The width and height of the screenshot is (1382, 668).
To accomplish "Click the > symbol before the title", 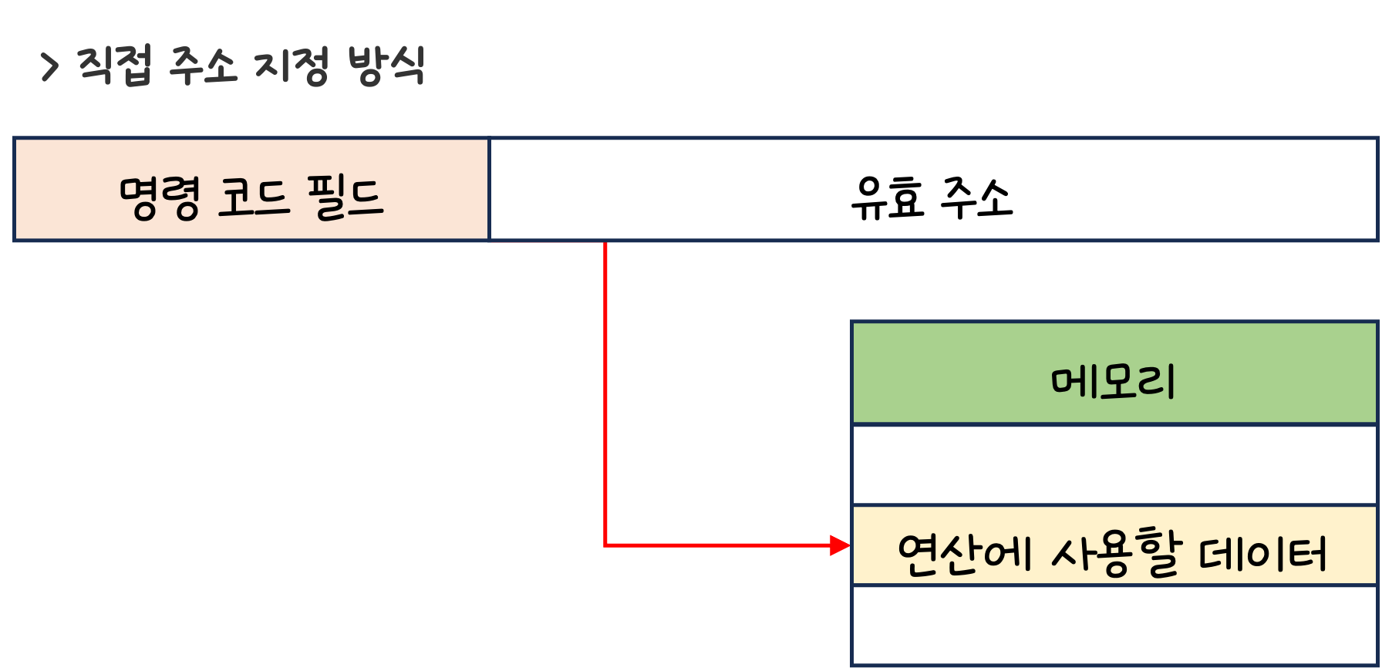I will (50, 67).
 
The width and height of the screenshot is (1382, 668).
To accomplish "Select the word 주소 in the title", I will (202, 66).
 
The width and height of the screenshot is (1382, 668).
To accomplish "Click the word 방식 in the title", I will (386, 66).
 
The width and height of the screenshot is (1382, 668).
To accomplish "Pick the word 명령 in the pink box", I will (160, 197).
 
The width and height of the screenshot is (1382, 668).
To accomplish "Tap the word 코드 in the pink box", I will (254, 197).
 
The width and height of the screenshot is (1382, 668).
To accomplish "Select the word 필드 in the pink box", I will (345, 197).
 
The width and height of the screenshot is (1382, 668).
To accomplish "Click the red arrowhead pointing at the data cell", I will (840, 545).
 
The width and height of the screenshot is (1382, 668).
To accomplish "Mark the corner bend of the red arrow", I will (605, 545).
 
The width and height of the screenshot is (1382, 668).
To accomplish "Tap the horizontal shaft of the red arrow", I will (717, 545).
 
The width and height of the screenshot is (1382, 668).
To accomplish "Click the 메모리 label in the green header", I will (1113, 381).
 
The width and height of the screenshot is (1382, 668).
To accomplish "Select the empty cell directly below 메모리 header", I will (1114, 464).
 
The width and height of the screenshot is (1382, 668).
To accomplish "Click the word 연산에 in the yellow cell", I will (964, 554).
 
